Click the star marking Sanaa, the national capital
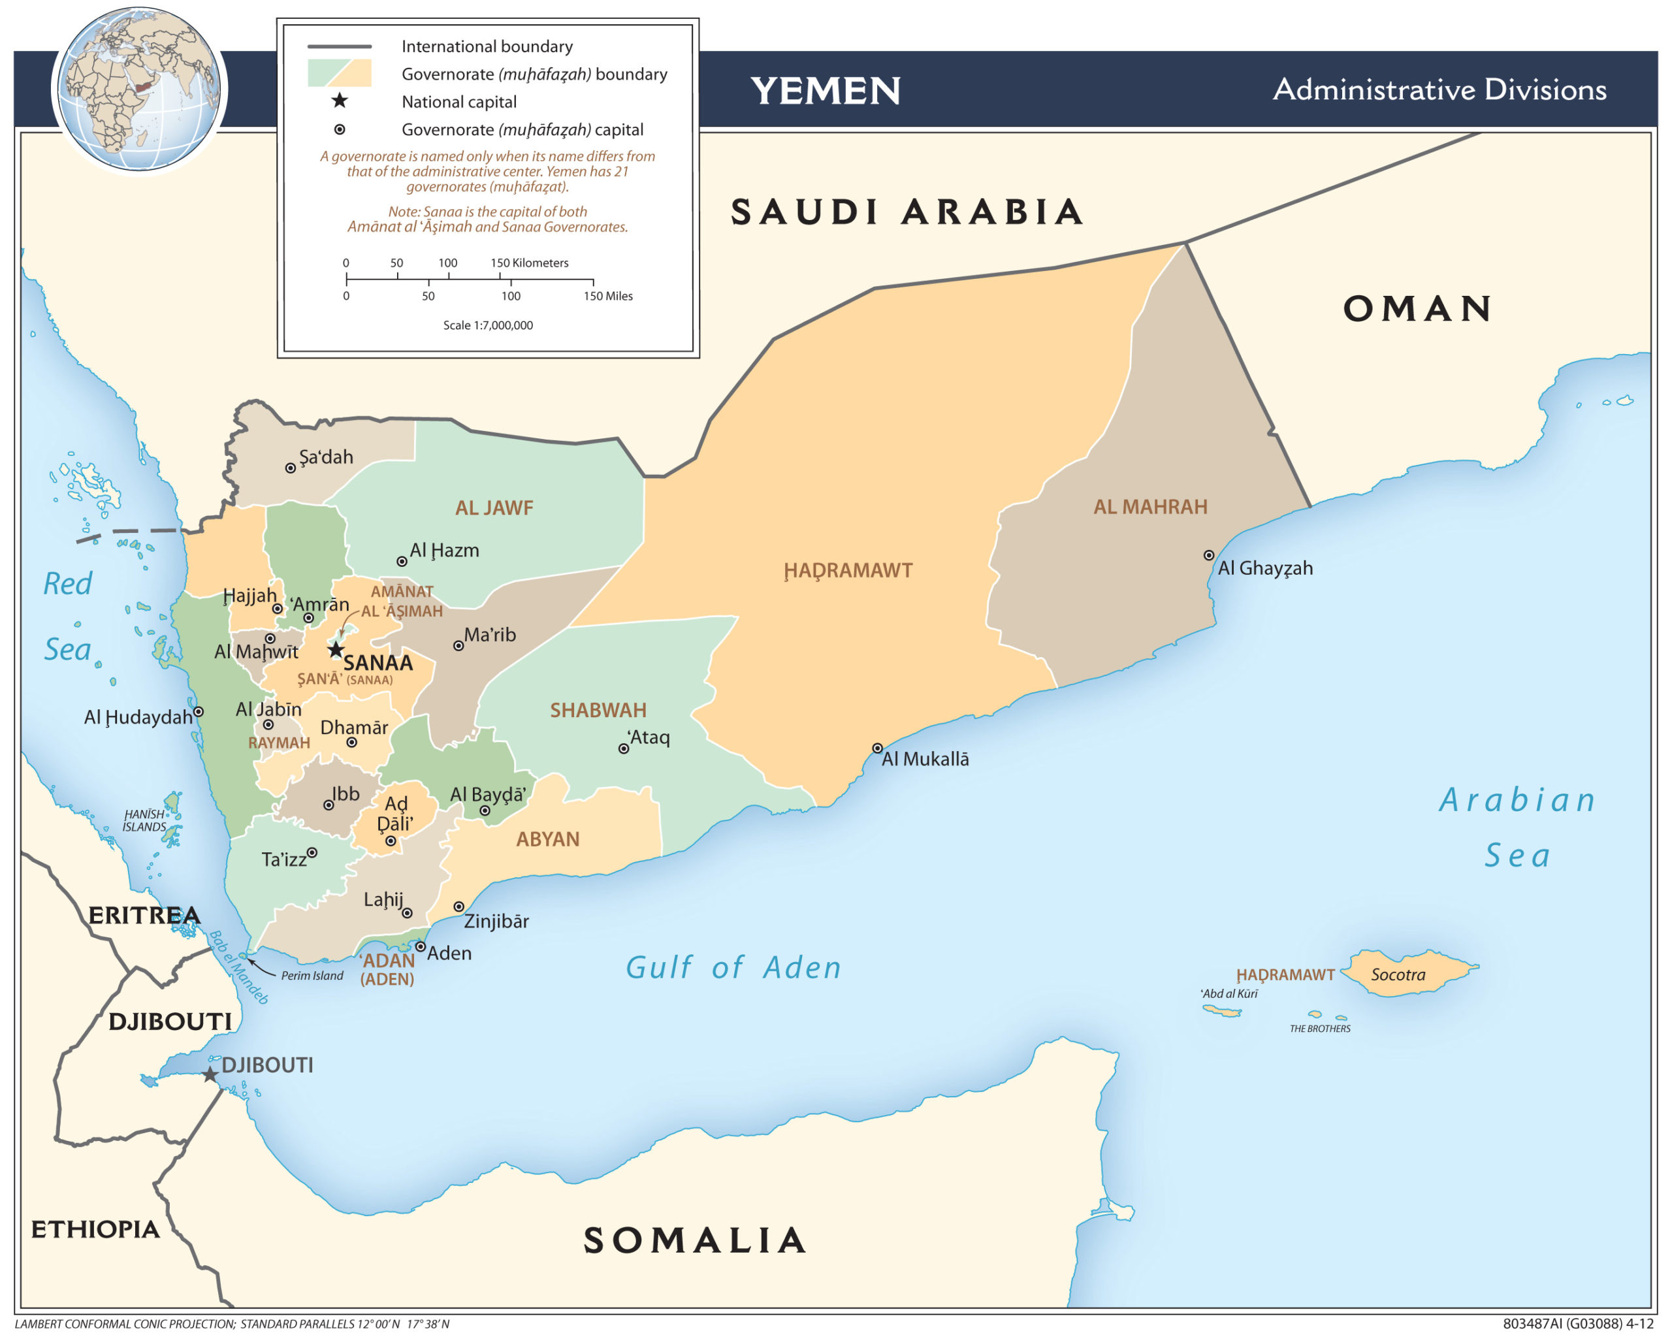(x=335, y=649)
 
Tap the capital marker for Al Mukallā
(x=877, y=748)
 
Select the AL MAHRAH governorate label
(x=1150, y=507)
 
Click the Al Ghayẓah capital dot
(x=1208, y=555)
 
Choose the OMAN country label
(x=1417, y=308)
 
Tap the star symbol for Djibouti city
(x=210, y=1074)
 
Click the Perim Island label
(x=312, y=976)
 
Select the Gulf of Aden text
(x=733, y=967)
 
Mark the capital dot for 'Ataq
(x=622, y=748)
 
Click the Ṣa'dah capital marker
(x=290, y=468)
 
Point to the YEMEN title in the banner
(x=825, y=91)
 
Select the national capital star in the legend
(x=339, y=101)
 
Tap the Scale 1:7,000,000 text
(x=488, y=325)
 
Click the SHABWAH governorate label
(x=598, y=710)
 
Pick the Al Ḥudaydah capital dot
(x=199, y=711)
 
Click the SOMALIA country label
(x=694, y=1240)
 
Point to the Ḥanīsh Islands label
(x=144, y=820)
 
